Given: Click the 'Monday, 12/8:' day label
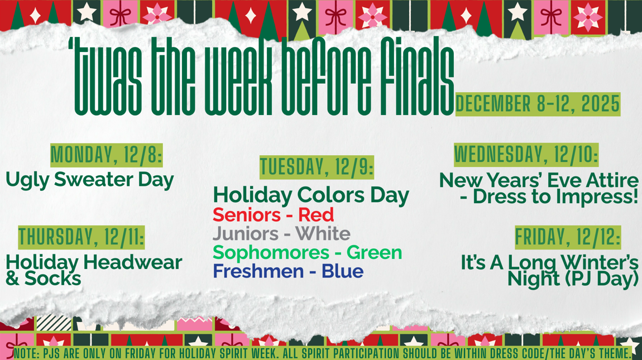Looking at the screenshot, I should pyautogui.click(x=106, y=155).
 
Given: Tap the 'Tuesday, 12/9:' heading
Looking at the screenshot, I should pyautogui.click(x=317, y=167).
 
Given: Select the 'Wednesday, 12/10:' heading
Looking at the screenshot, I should pyautogui.click(x=526, y=155).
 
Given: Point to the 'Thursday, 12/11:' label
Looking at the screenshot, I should pyautogui.click(x=81, y=237).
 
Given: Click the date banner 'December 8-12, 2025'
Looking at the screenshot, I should pyautogui.click(x=538, y=104).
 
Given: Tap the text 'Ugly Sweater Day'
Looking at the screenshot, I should pyautogui.click(x=90, y=180).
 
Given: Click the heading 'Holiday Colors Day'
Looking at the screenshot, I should pyautogui.click(x=311, y=195).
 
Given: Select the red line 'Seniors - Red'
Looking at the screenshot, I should pyautogui.click(x=273, y=214).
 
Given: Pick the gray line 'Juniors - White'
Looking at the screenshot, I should pyautogui.click(x=281, y=233).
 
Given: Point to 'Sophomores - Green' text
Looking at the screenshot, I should pyautogui.click(x=307, y=252).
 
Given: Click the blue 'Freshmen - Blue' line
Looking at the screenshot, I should pyautogui.click(x=288, y=271).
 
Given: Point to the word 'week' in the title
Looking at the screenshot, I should pyautogui.click(x=228, y=78).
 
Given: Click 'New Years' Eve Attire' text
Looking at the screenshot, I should pyautogui.click(x=539, y=180).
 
